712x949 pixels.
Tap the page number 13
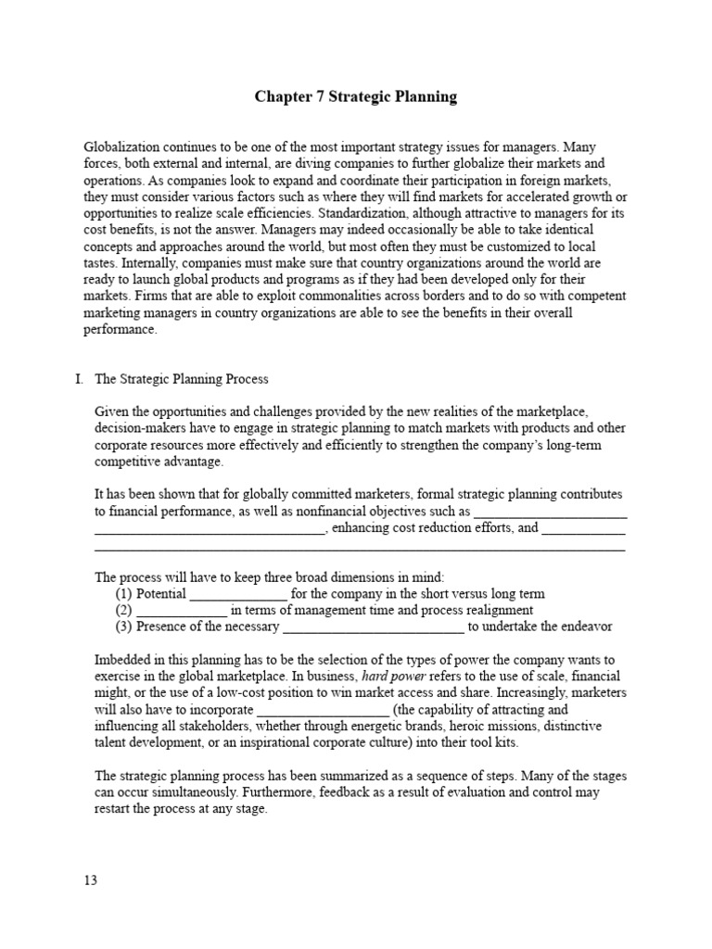pyautogui.click(x=90, y=879)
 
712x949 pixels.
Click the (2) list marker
pyautogui.click(x=124, y=610)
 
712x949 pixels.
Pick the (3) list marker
pyautogui.click(x=124, y=626)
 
